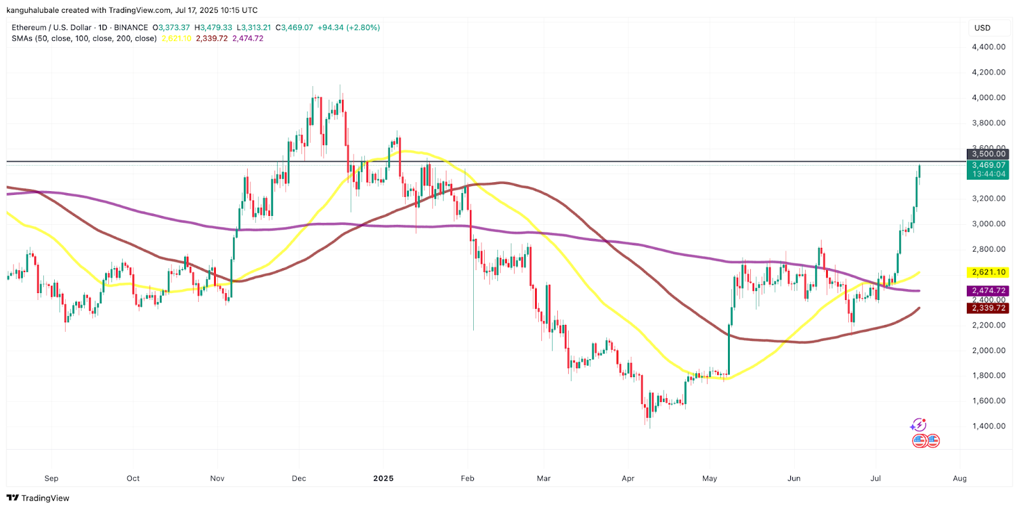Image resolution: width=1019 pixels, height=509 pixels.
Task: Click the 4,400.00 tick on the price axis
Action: point(988,47)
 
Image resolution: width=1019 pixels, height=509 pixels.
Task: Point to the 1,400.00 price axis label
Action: point(988,426)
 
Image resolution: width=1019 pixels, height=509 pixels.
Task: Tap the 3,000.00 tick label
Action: point(988,224)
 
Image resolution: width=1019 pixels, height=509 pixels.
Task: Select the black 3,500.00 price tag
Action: point(988,154)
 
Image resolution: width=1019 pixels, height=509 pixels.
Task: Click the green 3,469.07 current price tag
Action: point(988,165)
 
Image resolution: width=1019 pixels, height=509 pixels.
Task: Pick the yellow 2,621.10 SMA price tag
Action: point(988,272)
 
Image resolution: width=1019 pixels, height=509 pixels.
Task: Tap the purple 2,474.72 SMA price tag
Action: point(988,290)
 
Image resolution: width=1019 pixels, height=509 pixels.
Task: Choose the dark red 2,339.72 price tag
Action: point(988,308)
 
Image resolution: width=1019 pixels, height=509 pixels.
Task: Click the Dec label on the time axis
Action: point(299,478)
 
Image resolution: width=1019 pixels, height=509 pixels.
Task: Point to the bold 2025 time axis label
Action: point(383,478)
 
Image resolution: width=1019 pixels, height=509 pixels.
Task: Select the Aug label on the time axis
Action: point(960,478)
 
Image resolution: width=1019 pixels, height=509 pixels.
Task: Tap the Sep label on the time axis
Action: point(52,478)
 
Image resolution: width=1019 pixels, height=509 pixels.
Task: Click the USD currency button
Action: point(983,28)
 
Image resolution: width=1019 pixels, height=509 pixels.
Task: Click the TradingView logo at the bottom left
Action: point(38,498)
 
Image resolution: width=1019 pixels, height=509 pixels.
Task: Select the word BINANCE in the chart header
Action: point(131,27)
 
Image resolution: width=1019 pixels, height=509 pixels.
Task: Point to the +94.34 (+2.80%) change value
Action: point(349,27)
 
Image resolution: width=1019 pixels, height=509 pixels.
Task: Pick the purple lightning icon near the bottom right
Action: point(918,425)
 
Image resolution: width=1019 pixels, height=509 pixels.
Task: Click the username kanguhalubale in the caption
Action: point(32,10)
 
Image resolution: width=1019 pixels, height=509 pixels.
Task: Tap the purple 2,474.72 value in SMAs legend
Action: point(248,38)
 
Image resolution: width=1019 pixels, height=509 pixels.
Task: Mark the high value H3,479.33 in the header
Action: point(213,27)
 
